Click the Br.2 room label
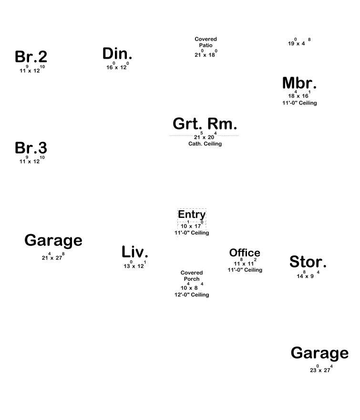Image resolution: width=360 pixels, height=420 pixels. pos(31,57)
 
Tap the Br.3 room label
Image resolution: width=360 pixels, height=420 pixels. pos(31,148)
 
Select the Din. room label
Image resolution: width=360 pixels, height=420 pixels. pos(117,54)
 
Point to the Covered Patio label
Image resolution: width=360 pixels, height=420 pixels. pos(206,42)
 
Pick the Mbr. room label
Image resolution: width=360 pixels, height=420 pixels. pos(299,83)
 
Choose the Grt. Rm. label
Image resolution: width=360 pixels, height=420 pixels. pos(205,124)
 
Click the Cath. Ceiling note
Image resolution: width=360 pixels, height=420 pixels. pos(205,144)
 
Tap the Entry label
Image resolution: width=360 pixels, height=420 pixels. pos(192,215)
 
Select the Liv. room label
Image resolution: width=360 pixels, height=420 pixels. pos(135,251)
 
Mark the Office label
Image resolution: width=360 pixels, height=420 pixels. pos(245,253)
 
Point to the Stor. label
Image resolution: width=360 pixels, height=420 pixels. pos(308,261)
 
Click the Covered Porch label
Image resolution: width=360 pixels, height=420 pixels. pos(192,276)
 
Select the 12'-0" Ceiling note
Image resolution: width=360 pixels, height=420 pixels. pos(192,295)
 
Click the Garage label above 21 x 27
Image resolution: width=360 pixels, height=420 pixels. pos(53,240)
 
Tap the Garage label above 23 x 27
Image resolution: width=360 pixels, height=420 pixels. pos(319,353)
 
